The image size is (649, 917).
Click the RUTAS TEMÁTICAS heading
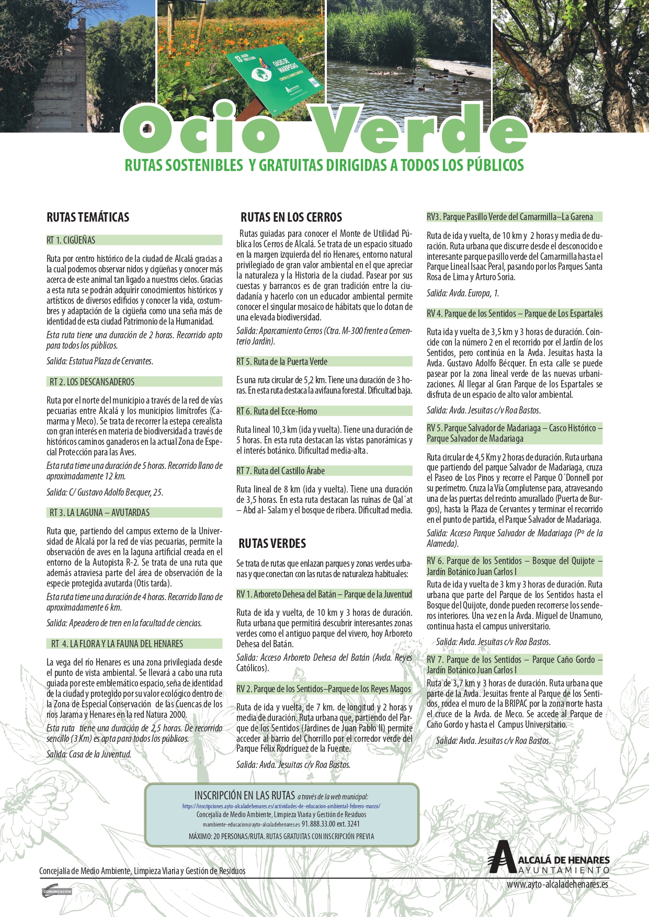click(88, 217)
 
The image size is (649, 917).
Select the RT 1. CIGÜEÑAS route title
click(71, 240)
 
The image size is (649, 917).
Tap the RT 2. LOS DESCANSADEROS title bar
click(92, 382)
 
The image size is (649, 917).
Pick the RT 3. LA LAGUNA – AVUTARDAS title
click(99, 513)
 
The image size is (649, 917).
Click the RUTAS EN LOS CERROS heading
click(291, 217)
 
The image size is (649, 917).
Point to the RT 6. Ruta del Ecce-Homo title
click(277, 411)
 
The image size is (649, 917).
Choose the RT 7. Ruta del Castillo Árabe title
click(281, 471)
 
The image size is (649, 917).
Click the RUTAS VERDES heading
click(272, 544)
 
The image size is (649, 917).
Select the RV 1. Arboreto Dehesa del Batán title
click(324, 594)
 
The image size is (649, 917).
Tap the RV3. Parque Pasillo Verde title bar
click(510, 217)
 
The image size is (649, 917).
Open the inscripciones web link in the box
click(281, 806)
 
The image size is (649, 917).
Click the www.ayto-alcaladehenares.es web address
click(557, 885)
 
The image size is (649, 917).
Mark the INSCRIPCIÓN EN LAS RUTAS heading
click(245, 795)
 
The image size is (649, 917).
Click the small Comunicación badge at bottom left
click(56, 891)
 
